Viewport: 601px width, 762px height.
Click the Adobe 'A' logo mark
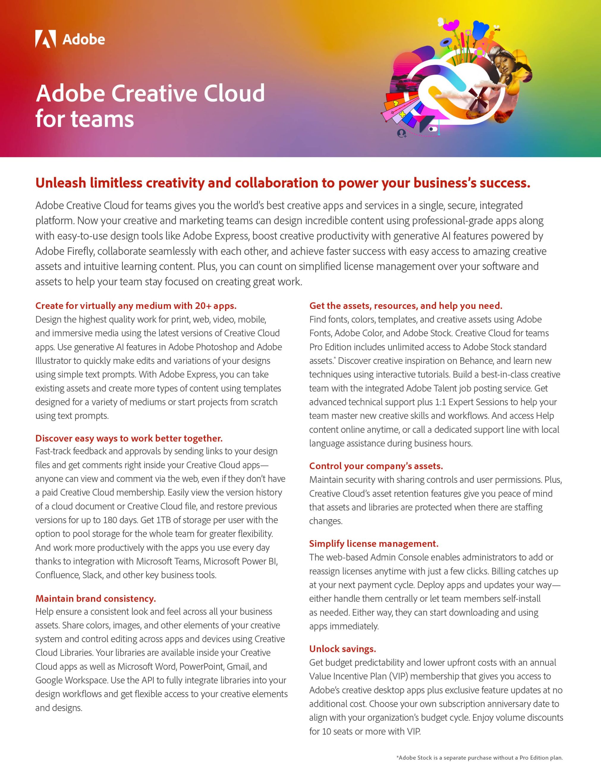[x=45, y=39]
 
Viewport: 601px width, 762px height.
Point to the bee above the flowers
[x=497, y=27]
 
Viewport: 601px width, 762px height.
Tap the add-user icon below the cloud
[x=402, y=134]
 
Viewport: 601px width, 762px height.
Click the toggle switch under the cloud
[x=433, y=129]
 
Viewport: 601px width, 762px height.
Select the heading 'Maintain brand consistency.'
[x=95, y=598]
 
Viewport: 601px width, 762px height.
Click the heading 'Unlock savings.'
[x=342, y=649]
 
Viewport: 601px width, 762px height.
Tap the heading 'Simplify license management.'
[x=374, y=543]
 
